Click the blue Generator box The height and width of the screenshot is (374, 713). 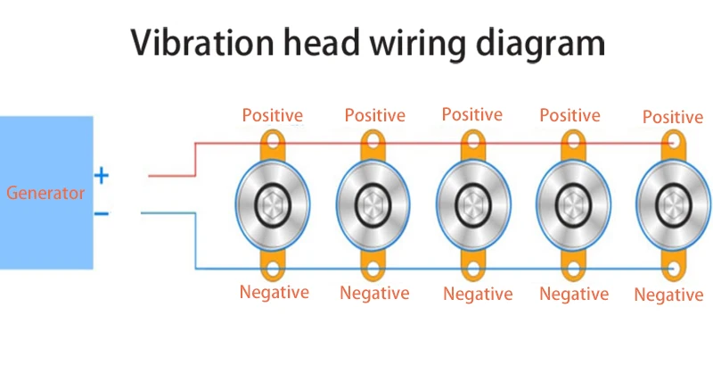46,192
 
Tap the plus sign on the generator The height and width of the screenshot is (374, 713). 102,176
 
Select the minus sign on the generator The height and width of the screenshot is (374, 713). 102,213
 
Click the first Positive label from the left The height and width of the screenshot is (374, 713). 273,115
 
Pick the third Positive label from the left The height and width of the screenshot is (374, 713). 472,114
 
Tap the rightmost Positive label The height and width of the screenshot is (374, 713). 673,117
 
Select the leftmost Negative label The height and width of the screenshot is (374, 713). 275,292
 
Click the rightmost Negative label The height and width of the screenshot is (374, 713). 668,295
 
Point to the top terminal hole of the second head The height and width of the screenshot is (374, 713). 373,140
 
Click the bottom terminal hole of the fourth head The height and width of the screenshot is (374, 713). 573,269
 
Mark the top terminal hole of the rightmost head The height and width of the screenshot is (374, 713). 673,140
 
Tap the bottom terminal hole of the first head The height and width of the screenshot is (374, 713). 273,269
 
